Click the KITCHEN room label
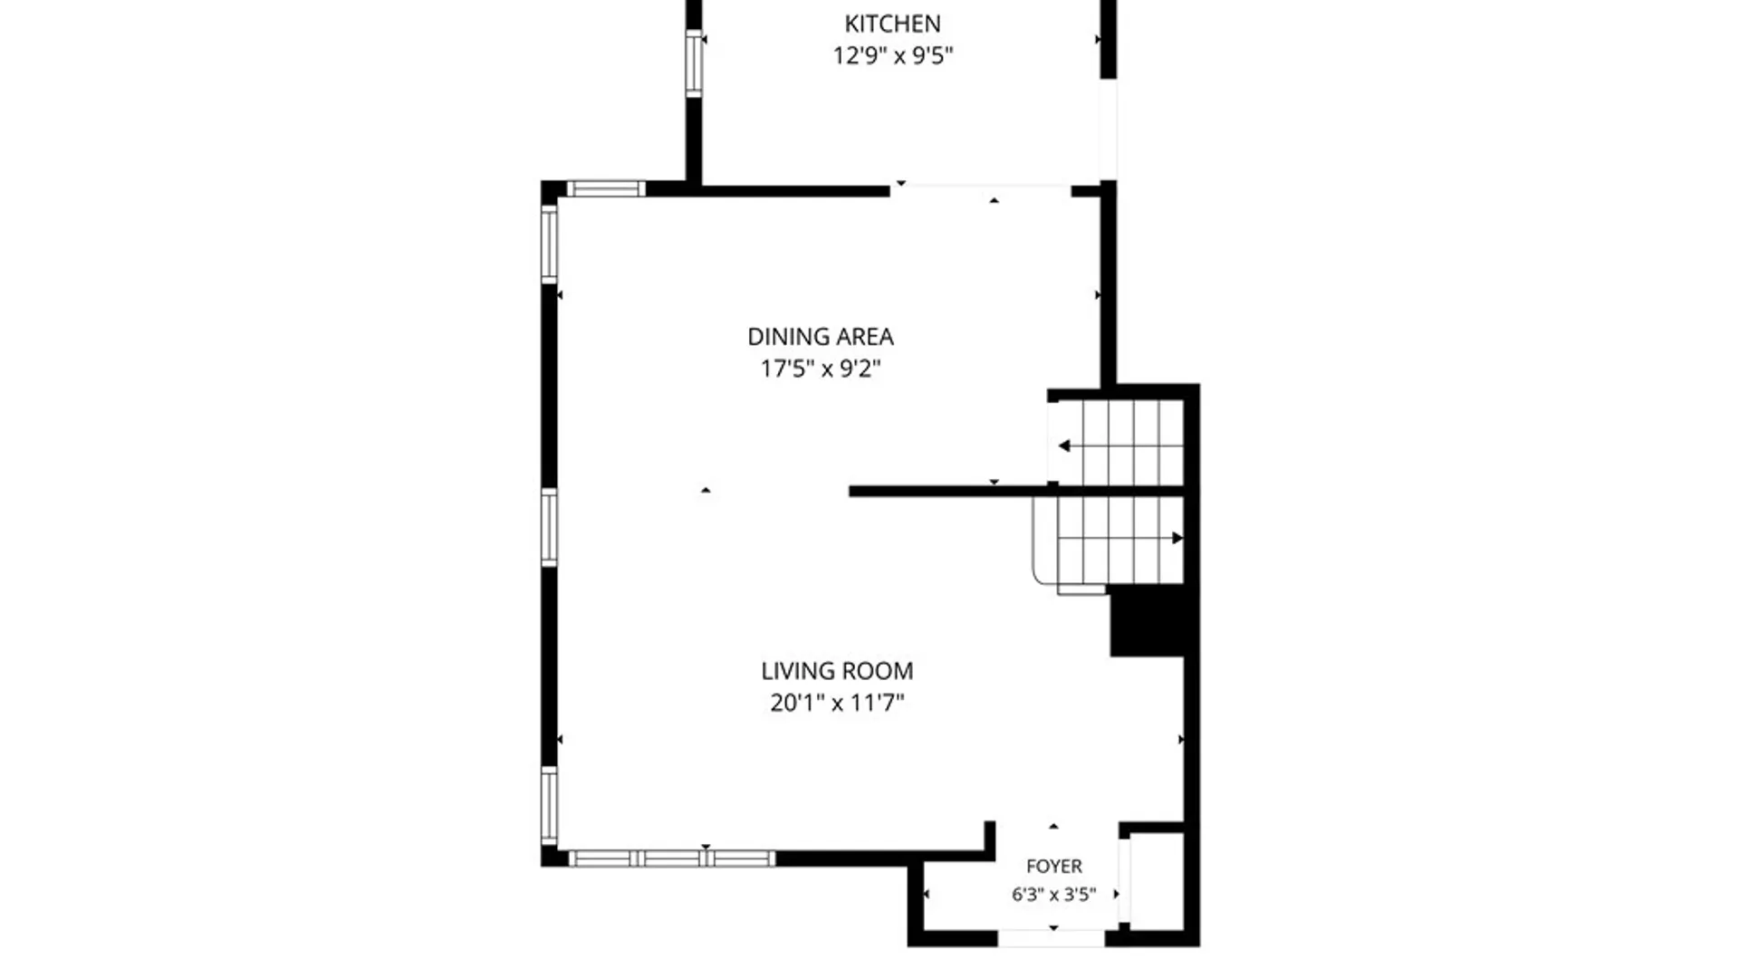coord(892,24)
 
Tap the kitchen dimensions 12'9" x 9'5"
coord(893,55)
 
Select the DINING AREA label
coord(821,337)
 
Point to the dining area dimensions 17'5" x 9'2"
coord(821,369)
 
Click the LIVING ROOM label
coord(837,671)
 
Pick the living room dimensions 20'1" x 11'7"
coord(837,703)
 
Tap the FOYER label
coord(1054,867)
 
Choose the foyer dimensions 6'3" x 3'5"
coord(1054,895)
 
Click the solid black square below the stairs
coord(1148,620)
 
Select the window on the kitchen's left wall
coord(694,63)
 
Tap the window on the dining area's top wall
coord(606,189)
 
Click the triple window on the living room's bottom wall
coord(671,858)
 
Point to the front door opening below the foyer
coord(1052,939)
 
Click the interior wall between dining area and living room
coord(1017,492)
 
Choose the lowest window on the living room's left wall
coord(549,806)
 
